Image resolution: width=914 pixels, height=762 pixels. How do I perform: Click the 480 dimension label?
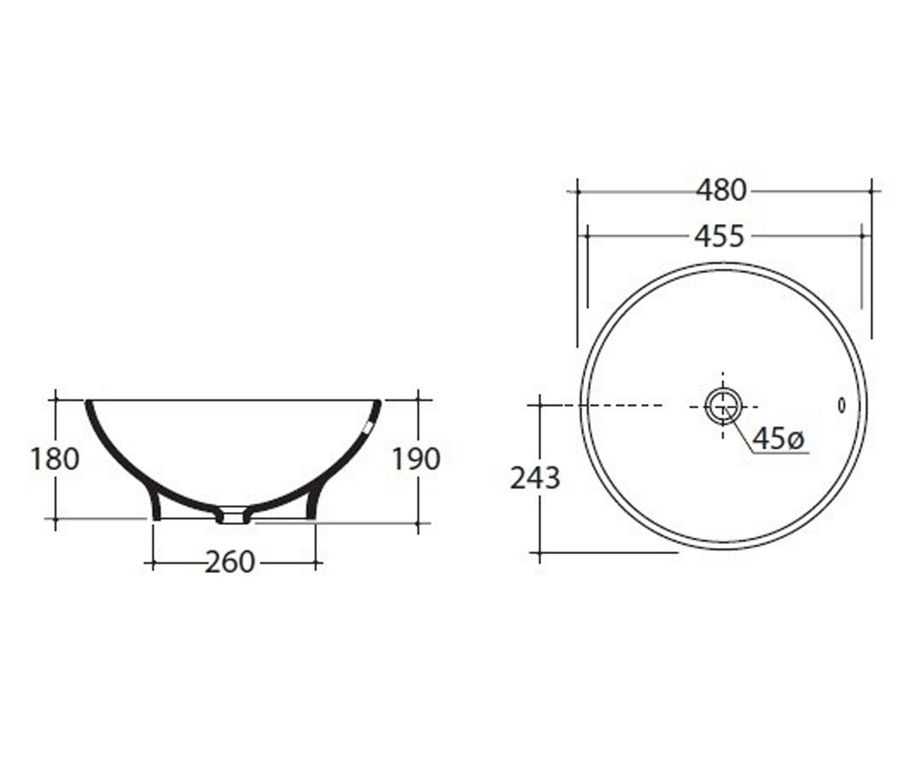721,191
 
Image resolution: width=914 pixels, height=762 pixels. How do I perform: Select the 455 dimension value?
719,236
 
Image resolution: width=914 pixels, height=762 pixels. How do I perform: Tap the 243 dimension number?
535,478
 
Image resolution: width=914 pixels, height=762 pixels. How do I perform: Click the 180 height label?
55,459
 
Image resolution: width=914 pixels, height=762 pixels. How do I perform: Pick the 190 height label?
416,459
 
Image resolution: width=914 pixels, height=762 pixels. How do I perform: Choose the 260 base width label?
230,562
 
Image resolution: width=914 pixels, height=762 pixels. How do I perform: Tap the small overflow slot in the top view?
842,406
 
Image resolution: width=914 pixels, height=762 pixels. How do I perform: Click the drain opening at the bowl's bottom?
233,515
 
